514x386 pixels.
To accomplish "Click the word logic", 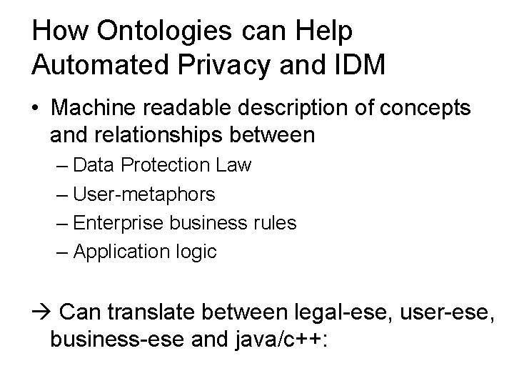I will click(196, 252).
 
